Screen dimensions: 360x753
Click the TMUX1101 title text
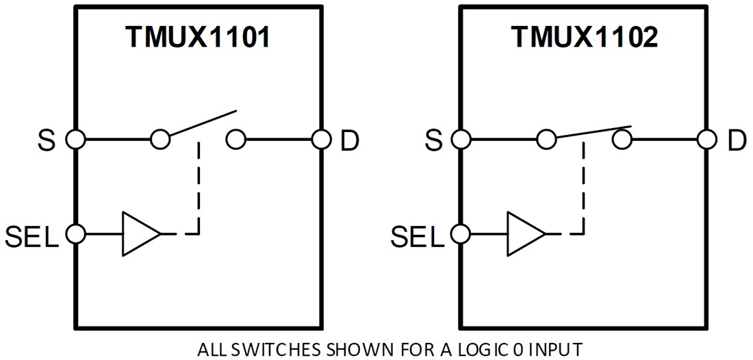(197, 38)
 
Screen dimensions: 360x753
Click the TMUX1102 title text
(584, 38)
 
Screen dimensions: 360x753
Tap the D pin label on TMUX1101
(349, 141)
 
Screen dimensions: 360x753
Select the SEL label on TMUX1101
(31, 235)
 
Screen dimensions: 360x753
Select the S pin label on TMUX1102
(433, 141)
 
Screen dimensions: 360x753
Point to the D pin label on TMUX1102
(737, 141)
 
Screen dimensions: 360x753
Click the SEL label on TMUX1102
(418, 235)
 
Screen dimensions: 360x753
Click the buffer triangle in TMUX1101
(139, 234)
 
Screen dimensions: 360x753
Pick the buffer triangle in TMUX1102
(525, 234)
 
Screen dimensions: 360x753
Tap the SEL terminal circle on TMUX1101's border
(75, 234)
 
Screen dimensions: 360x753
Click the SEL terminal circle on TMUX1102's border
(461, 234)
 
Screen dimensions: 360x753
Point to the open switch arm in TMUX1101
(202, 125)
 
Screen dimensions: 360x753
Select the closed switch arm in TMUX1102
(592, 133)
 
